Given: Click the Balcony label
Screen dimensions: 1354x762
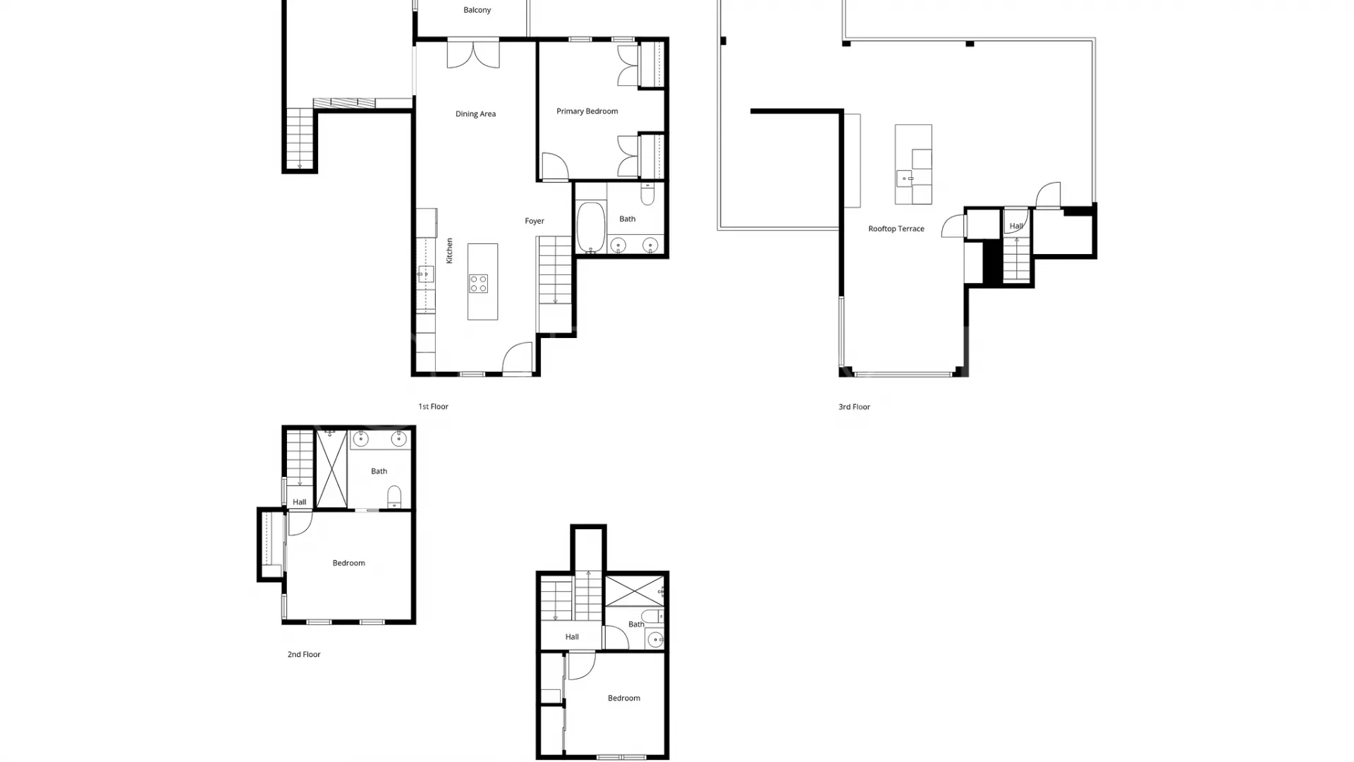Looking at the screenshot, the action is coord(477,10).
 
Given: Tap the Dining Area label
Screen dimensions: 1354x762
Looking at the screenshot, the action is coord(475,114).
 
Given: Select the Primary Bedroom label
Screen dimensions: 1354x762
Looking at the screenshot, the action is coord(587,111).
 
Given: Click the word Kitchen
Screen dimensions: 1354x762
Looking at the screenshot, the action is coord(449,250).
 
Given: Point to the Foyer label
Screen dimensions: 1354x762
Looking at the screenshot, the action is coord(535,221).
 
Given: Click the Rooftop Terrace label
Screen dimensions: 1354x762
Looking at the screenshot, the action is coord(896,229).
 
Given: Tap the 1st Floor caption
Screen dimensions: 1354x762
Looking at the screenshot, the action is coord(433,406).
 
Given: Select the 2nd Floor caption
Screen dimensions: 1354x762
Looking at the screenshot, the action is coord(304,654).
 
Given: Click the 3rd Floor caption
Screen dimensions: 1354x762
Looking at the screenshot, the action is coord(854,406).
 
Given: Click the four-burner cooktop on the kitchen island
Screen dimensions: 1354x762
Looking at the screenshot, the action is coord(479,284).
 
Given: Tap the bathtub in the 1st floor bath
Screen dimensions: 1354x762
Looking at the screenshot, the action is coord(591,228).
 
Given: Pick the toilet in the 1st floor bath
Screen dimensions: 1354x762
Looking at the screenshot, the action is coord(647,193).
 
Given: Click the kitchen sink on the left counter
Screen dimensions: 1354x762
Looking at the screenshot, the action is coord(425,274).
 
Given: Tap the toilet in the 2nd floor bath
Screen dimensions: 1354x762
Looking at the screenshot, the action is coord(394,497).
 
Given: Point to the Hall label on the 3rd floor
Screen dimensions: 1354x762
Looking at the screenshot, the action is coord(1016,226).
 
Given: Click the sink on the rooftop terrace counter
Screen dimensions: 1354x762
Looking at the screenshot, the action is coord(905,179).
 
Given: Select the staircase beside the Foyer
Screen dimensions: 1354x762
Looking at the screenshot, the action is coord(555,271).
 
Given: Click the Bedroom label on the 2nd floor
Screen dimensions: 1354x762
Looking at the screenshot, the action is coord(348,563).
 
